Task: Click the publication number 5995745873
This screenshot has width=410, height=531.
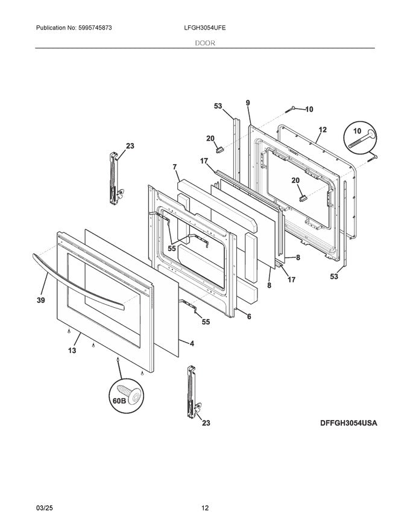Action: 95,28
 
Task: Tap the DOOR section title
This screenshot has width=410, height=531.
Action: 204,43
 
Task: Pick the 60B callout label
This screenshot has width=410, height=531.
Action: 119,401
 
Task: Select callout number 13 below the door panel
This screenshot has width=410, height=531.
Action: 72,351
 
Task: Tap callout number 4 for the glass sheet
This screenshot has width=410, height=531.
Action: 192,343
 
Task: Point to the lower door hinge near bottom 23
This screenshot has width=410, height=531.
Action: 192,392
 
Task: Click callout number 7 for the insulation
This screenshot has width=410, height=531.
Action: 175,167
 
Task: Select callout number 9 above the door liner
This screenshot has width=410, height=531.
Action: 248,103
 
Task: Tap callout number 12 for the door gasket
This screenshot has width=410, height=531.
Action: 323,130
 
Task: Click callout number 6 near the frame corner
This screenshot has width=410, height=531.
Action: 249,317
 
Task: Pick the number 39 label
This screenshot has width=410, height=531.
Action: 41,300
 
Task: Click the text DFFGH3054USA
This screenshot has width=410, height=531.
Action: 348,423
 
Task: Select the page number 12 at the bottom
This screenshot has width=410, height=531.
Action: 205,507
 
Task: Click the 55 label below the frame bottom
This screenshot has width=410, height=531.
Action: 206,322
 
